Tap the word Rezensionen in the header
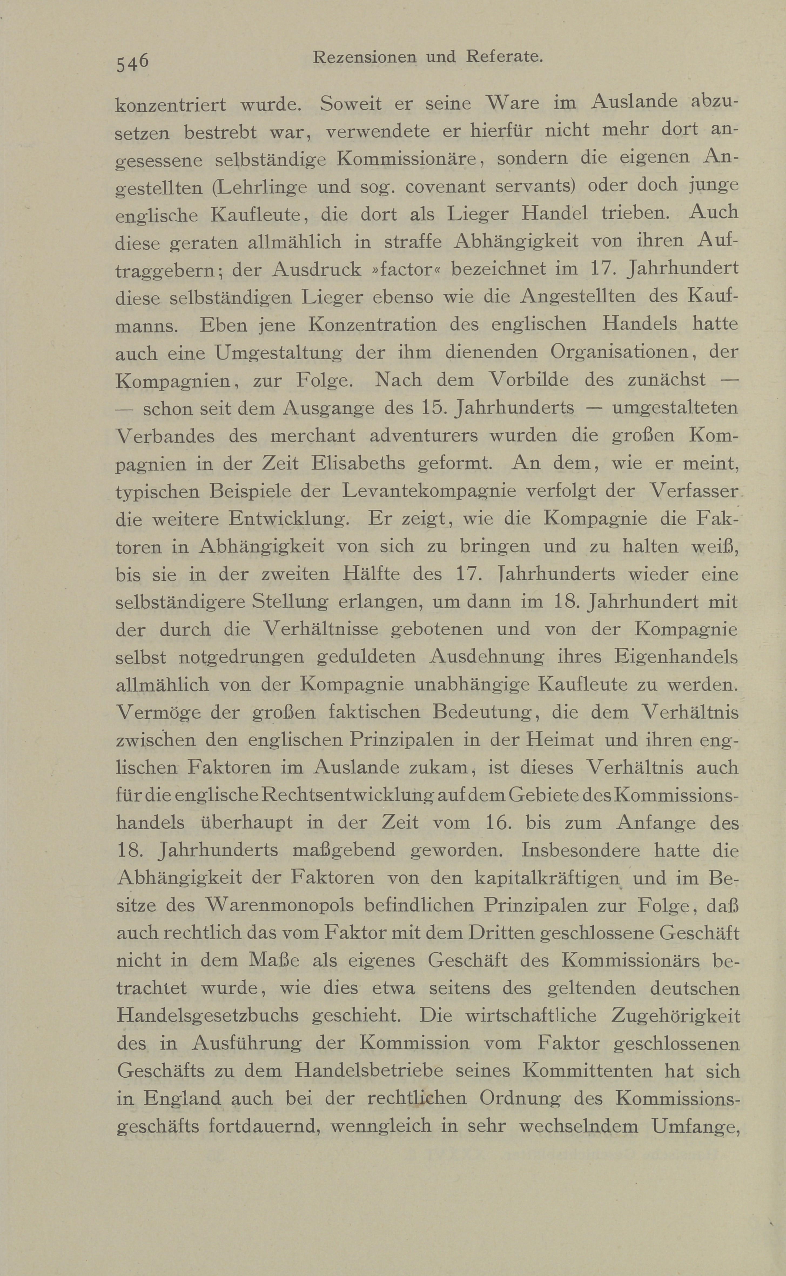coord(364,57)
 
